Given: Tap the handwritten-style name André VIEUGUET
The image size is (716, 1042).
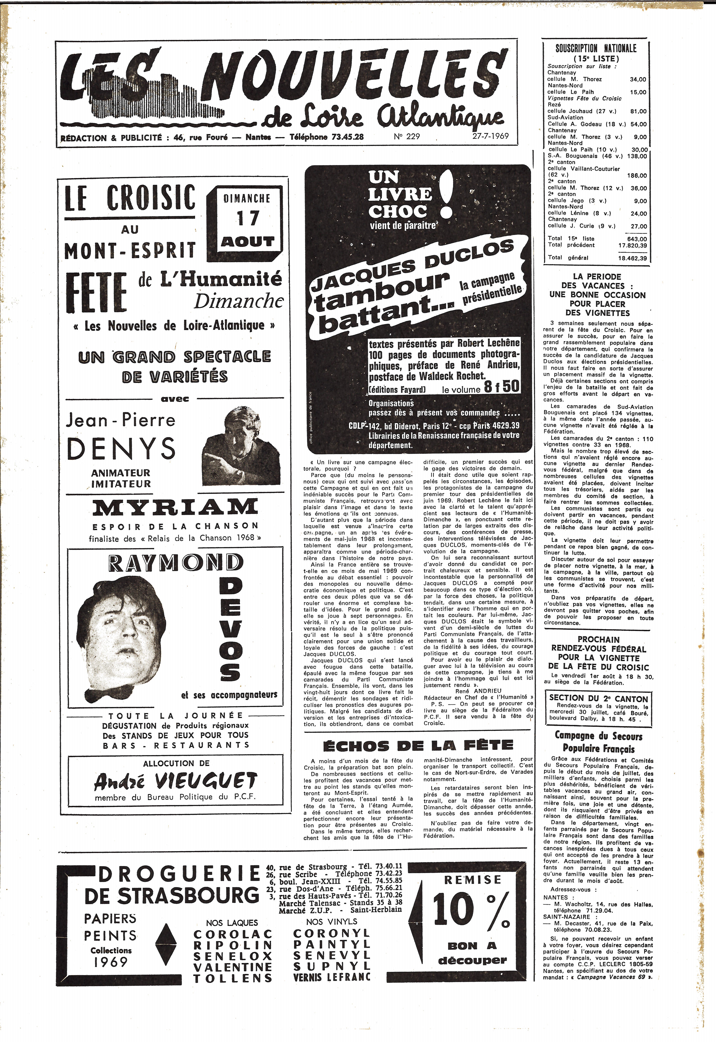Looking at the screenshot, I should [175, 782].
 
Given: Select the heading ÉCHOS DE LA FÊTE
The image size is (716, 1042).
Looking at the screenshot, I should [418, 746].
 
